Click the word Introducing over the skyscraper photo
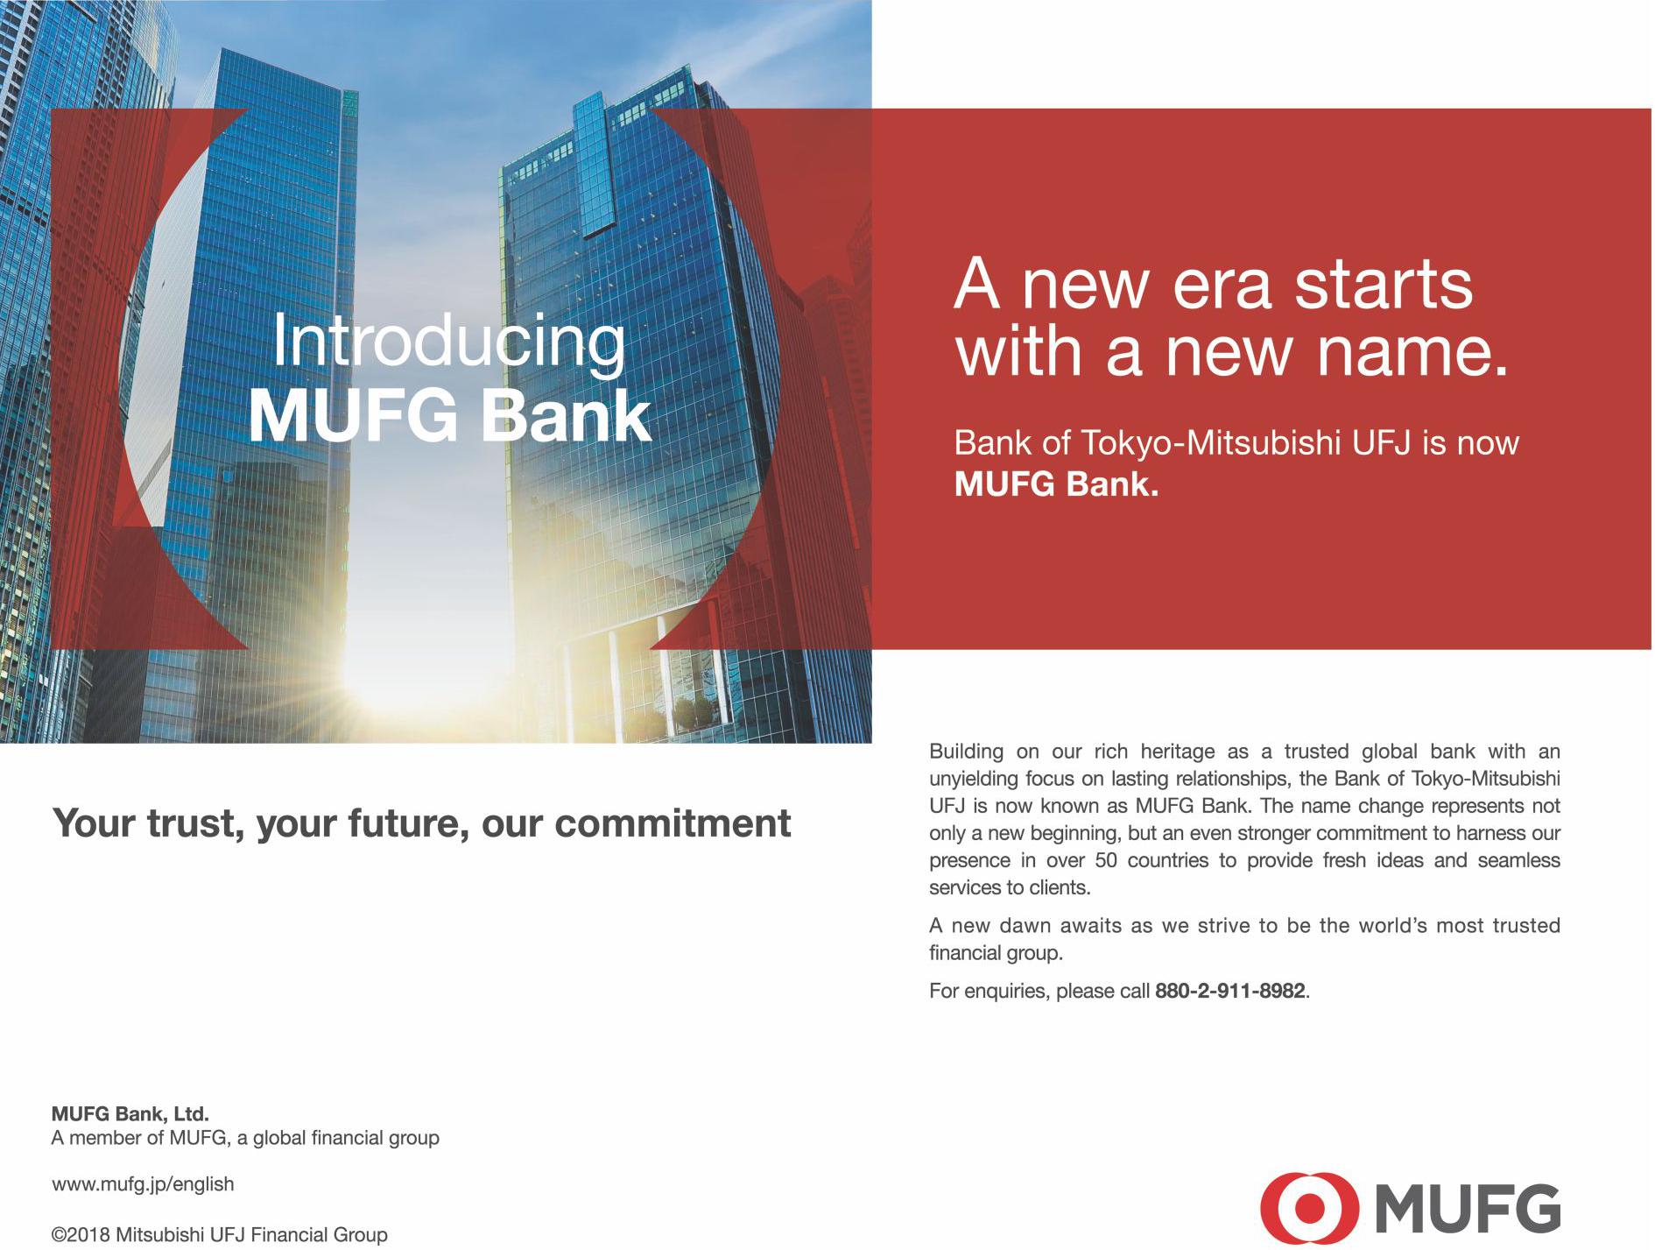449,344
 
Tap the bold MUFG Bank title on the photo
450,416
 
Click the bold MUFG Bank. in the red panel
1056,485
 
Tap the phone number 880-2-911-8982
1230,992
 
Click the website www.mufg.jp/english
144,1184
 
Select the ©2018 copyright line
220,1235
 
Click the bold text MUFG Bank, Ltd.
130,1115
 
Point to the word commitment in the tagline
671,823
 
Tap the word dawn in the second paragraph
1015,926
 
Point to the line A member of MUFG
245,1139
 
